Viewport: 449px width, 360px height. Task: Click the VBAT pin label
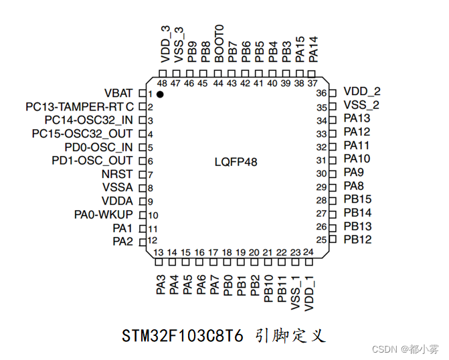point(118,93)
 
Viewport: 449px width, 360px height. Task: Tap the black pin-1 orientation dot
point(160,95)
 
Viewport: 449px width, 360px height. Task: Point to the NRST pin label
point(117,174)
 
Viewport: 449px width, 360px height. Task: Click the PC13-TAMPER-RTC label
point(80,106)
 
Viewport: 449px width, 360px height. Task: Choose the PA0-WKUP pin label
point(103,214)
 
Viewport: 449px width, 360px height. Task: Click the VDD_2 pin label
point(361,92)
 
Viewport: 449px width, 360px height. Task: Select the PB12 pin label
point(357,240)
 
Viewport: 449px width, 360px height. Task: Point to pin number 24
point(308,252)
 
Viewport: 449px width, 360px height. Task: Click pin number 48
point(162,83)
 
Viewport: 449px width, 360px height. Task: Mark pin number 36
point(321,93)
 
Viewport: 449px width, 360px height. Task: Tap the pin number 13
point(159,252)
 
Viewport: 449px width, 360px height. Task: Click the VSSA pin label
point(118,187)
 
